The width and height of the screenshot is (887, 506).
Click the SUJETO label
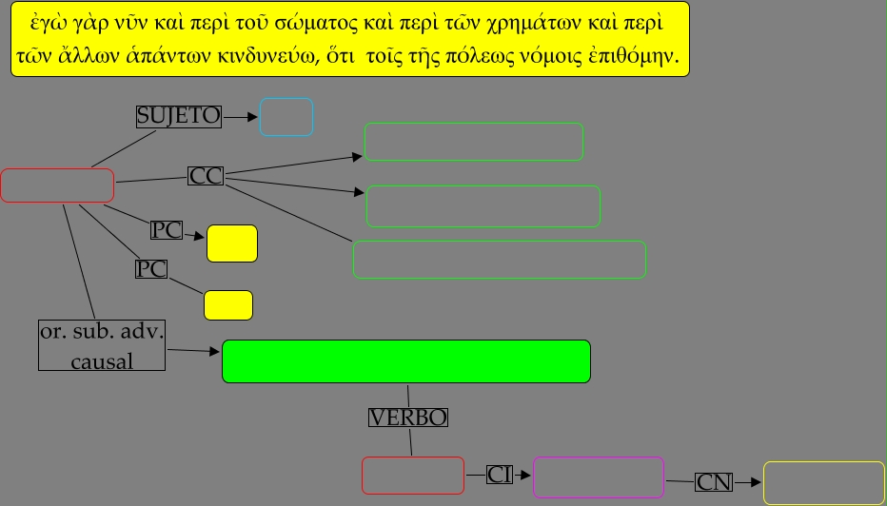179,116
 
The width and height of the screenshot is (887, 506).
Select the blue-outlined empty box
286,117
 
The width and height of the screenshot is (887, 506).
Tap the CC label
206,176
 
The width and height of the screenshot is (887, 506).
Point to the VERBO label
408,417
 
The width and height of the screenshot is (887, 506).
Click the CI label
500,474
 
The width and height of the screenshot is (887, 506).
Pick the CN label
714,481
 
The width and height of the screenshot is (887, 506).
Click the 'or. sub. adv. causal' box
103,345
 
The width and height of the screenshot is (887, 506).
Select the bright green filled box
406,361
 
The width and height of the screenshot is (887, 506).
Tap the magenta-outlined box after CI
598,477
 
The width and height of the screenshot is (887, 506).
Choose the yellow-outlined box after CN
823,483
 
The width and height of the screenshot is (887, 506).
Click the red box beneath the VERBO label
412,476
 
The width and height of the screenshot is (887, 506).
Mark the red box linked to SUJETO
57,185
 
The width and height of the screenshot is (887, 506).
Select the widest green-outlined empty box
500,260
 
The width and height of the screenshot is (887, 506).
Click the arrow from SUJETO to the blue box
242,117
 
